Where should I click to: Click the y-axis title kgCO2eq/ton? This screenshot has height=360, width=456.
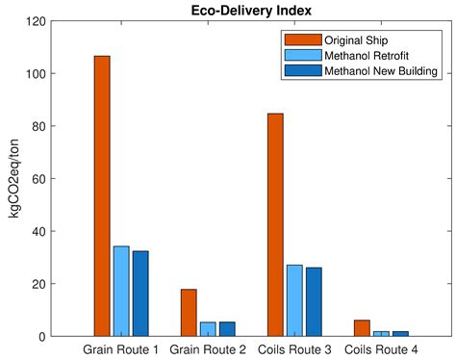(13, 179)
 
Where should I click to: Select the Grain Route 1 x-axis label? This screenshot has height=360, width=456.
(121, 349)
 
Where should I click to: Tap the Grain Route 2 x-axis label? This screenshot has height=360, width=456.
(208, 349)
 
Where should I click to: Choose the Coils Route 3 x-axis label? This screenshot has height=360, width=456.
(294, 349)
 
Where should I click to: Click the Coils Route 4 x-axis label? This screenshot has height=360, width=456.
(381, 349)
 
